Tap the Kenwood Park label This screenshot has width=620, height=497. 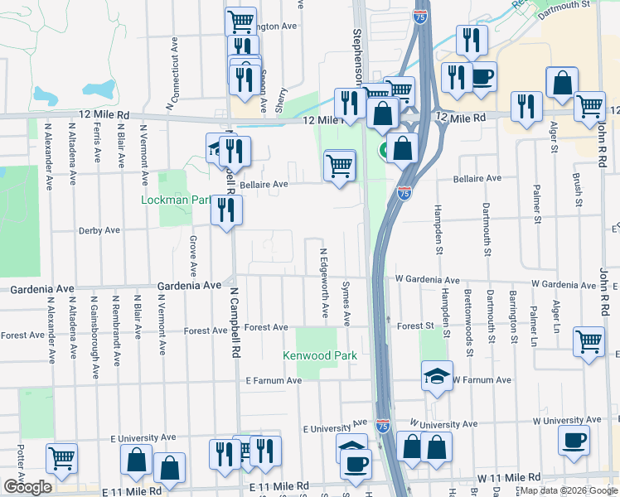pyautogui.click(x=320, y=356)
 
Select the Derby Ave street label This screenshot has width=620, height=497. pyautogui.click(x=99, y=230)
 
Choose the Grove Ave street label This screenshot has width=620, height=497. pyautogui.click(x=193, y=256)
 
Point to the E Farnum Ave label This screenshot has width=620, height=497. pyautogui.click(x=273, y=380)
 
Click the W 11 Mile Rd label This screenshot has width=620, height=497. pyautogui.click(x=509, y=479)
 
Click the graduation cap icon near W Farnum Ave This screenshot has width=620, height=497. pyautogui.click(x=437, y=374)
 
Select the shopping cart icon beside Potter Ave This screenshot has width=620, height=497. pyautogui.click(x=61, y=457)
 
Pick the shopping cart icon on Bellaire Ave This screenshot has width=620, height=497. pyautogui.click(x=340, y=165)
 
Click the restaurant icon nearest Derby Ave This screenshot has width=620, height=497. pyautogui.click(x=226, y=210)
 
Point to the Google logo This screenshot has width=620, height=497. pyautogui.click(x=27, y=486)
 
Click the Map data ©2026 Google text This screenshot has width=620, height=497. pyautogui.click(x=569, y=490)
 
